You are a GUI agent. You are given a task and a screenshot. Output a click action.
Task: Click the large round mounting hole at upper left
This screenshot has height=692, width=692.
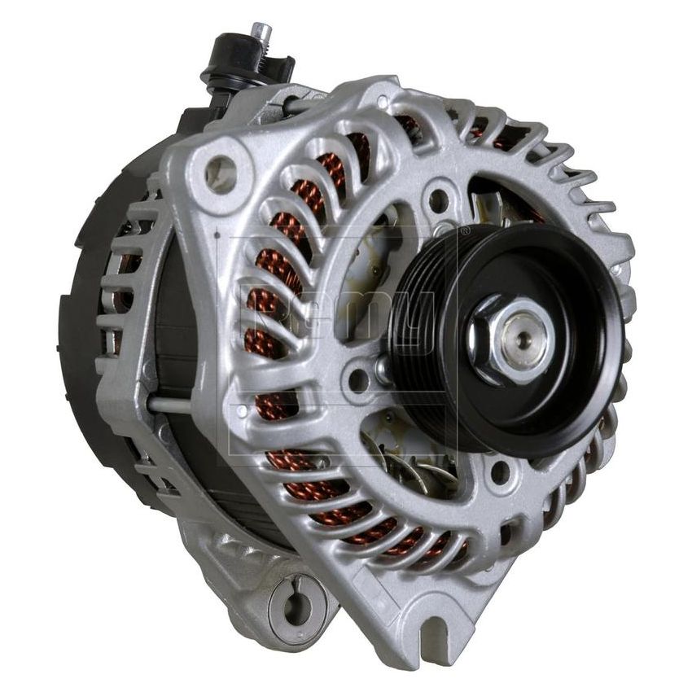coord(221,172)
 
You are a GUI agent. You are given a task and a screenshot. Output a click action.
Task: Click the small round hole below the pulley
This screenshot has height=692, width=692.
coord(501,471)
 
